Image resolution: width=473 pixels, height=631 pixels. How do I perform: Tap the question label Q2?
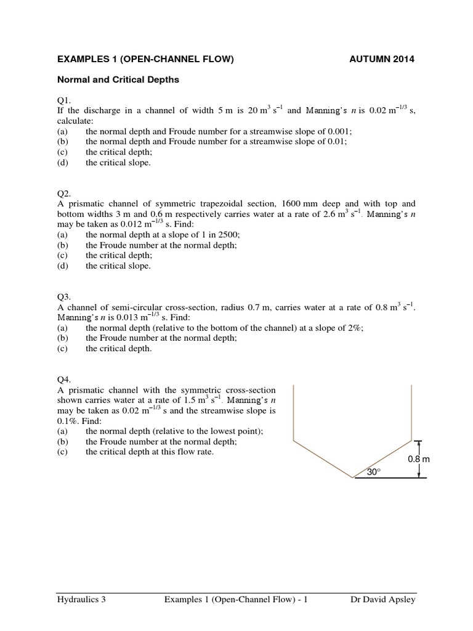click(63, 192)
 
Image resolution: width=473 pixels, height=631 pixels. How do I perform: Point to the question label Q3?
click(63, 296)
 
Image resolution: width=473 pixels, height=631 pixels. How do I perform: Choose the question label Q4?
click(63, 380)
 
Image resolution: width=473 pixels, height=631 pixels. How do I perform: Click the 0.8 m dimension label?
click(418, 460)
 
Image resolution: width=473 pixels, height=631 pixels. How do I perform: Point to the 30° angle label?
click(373, 471)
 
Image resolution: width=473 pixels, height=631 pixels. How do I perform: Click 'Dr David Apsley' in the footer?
click(382, 600)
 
